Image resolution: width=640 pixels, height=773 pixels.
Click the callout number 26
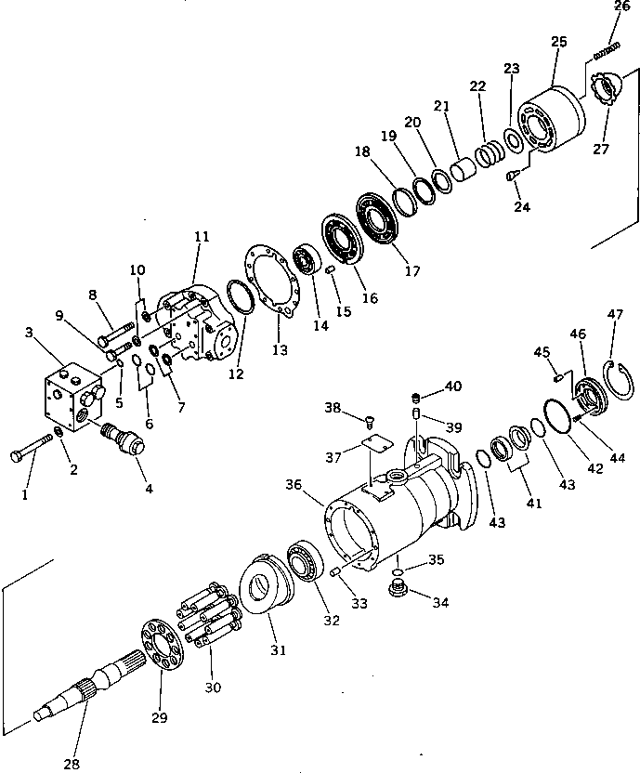point(621,7)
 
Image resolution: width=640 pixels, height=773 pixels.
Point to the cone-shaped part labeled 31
point(264,586)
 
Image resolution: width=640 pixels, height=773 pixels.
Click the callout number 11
point(201,237)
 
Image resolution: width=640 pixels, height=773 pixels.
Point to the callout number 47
point(614,314)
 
